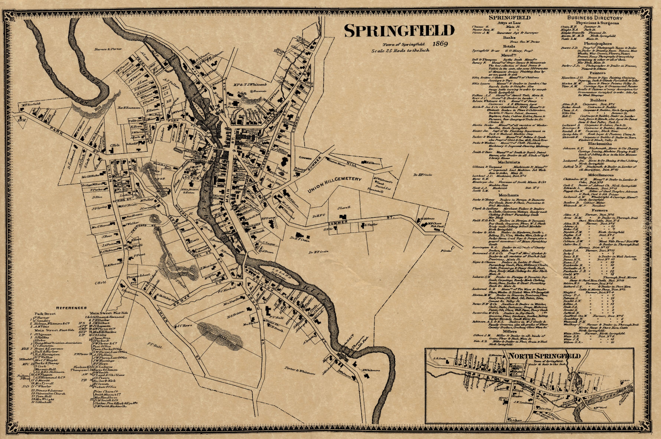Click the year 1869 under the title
pyautogui.click(x=440, y=44)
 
